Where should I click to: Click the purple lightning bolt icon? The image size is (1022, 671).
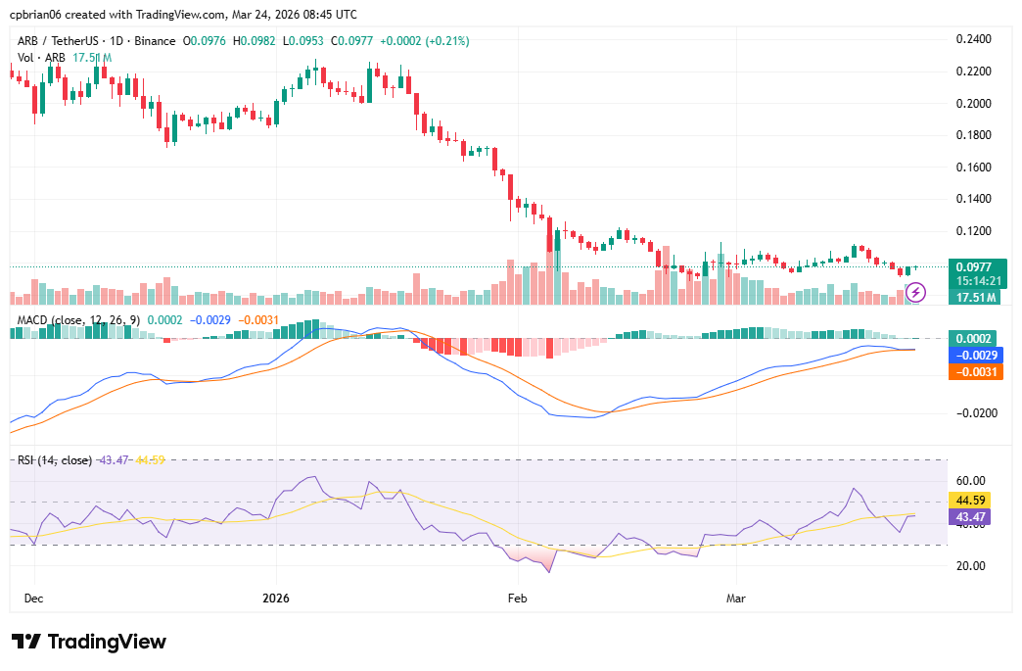[x=915, y=292]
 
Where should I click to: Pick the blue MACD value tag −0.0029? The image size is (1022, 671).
[x=976, y=355]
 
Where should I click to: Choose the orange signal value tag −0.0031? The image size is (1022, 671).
[x=976, y=371]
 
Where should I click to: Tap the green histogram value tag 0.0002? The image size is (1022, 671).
[x=976, y=338]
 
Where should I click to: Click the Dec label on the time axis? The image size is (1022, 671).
[x=33, y=597]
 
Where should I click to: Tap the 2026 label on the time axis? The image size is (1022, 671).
[x=277, y=597]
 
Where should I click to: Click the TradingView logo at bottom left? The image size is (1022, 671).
[x=89, y=642]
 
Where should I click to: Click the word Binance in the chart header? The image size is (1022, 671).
[x=155, y=41]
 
